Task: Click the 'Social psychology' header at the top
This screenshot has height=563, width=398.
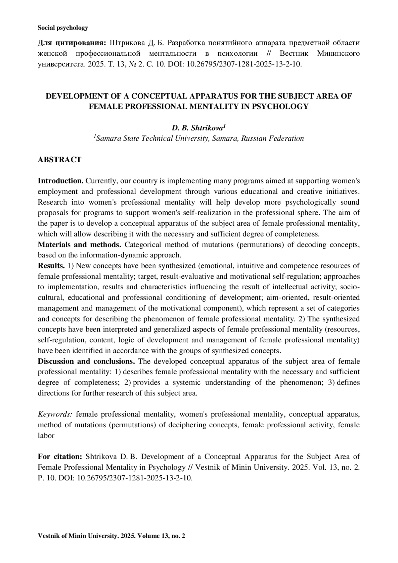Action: click(63, 28)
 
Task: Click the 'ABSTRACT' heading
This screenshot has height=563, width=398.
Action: click(59, 160)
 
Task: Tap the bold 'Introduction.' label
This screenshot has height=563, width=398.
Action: click(60, 181)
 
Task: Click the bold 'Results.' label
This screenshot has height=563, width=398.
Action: click(51, 266)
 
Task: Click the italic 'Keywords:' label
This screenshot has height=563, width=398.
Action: click(55, 414)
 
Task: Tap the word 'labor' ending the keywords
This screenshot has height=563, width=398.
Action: click(46, 436)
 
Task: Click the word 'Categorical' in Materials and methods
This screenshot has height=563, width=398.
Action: click(143, 245)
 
